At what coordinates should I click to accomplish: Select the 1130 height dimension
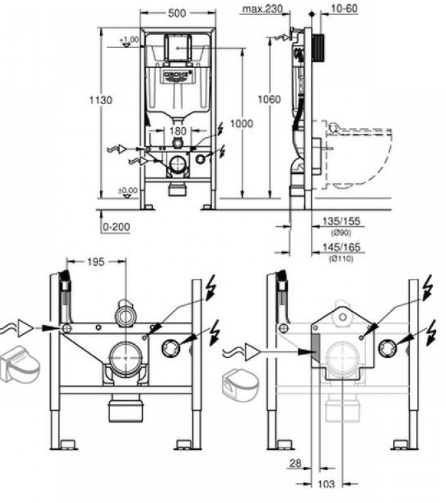click(x=101, y=100)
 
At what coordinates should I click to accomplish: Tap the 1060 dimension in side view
click(x=269, y=100)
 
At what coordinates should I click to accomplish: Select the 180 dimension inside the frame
click(x=177, y=131)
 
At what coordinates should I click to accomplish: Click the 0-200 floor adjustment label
click(x=116, y=227)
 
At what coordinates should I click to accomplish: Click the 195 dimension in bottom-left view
click(x=96, y=262)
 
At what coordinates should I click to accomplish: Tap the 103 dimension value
click(x=326, y=484)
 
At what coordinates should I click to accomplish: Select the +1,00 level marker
click(x=129, y=41)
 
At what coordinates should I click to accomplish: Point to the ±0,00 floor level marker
click(x=128, y=191)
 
